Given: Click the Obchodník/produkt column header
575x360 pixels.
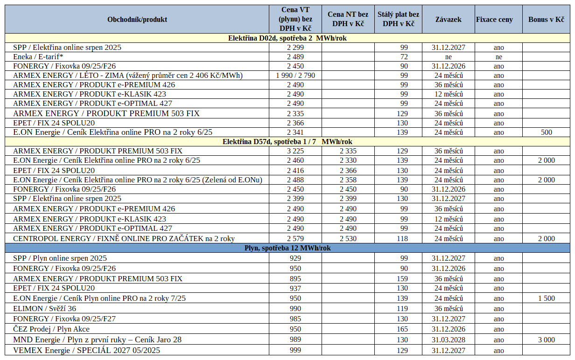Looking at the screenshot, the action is [137, 20].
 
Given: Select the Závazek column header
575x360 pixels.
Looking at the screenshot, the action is [448, 20].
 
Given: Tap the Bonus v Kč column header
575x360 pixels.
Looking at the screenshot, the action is [546, 20].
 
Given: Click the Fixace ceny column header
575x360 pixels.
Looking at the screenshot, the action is [494, 20].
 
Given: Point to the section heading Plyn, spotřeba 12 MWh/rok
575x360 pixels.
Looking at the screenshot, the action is [287, 248].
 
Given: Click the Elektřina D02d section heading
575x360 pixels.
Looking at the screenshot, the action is [287, 38].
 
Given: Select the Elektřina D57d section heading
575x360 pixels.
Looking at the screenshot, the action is [287, 142].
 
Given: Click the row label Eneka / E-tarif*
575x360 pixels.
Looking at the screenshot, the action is [38, 57].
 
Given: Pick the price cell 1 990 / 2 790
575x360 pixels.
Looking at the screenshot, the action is [295, 76].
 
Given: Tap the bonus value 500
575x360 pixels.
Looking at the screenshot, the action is [546, 132].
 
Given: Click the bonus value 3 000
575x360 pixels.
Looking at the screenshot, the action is [546, 340].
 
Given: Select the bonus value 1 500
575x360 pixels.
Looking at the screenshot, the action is [546, 298].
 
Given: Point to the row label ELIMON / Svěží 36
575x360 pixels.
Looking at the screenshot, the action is [44, 308].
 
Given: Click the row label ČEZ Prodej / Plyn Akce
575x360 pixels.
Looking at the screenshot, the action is [51, 329].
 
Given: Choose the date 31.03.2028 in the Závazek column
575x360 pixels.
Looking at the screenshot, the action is [448, 340].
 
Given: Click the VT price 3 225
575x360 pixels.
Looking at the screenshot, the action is [295, 151].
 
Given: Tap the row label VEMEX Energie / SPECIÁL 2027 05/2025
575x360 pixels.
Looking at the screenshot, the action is [86, 350].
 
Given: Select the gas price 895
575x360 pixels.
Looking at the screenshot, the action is [295, 279].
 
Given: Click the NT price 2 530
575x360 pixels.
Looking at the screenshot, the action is [348, 239].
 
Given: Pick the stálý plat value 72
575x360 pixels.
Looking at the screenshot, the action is [404, 57].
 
